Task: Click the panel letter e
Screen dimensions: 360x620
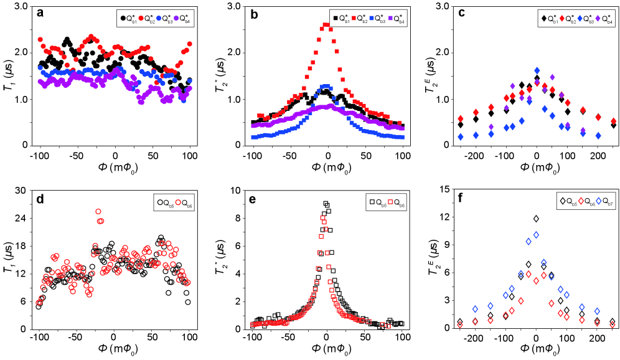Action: coord(252,199)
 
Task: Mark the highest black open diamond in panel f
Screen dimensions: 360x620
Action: coord(536,219)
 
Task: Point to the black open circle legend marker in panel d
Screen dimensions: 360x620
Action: coord(159,202)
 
